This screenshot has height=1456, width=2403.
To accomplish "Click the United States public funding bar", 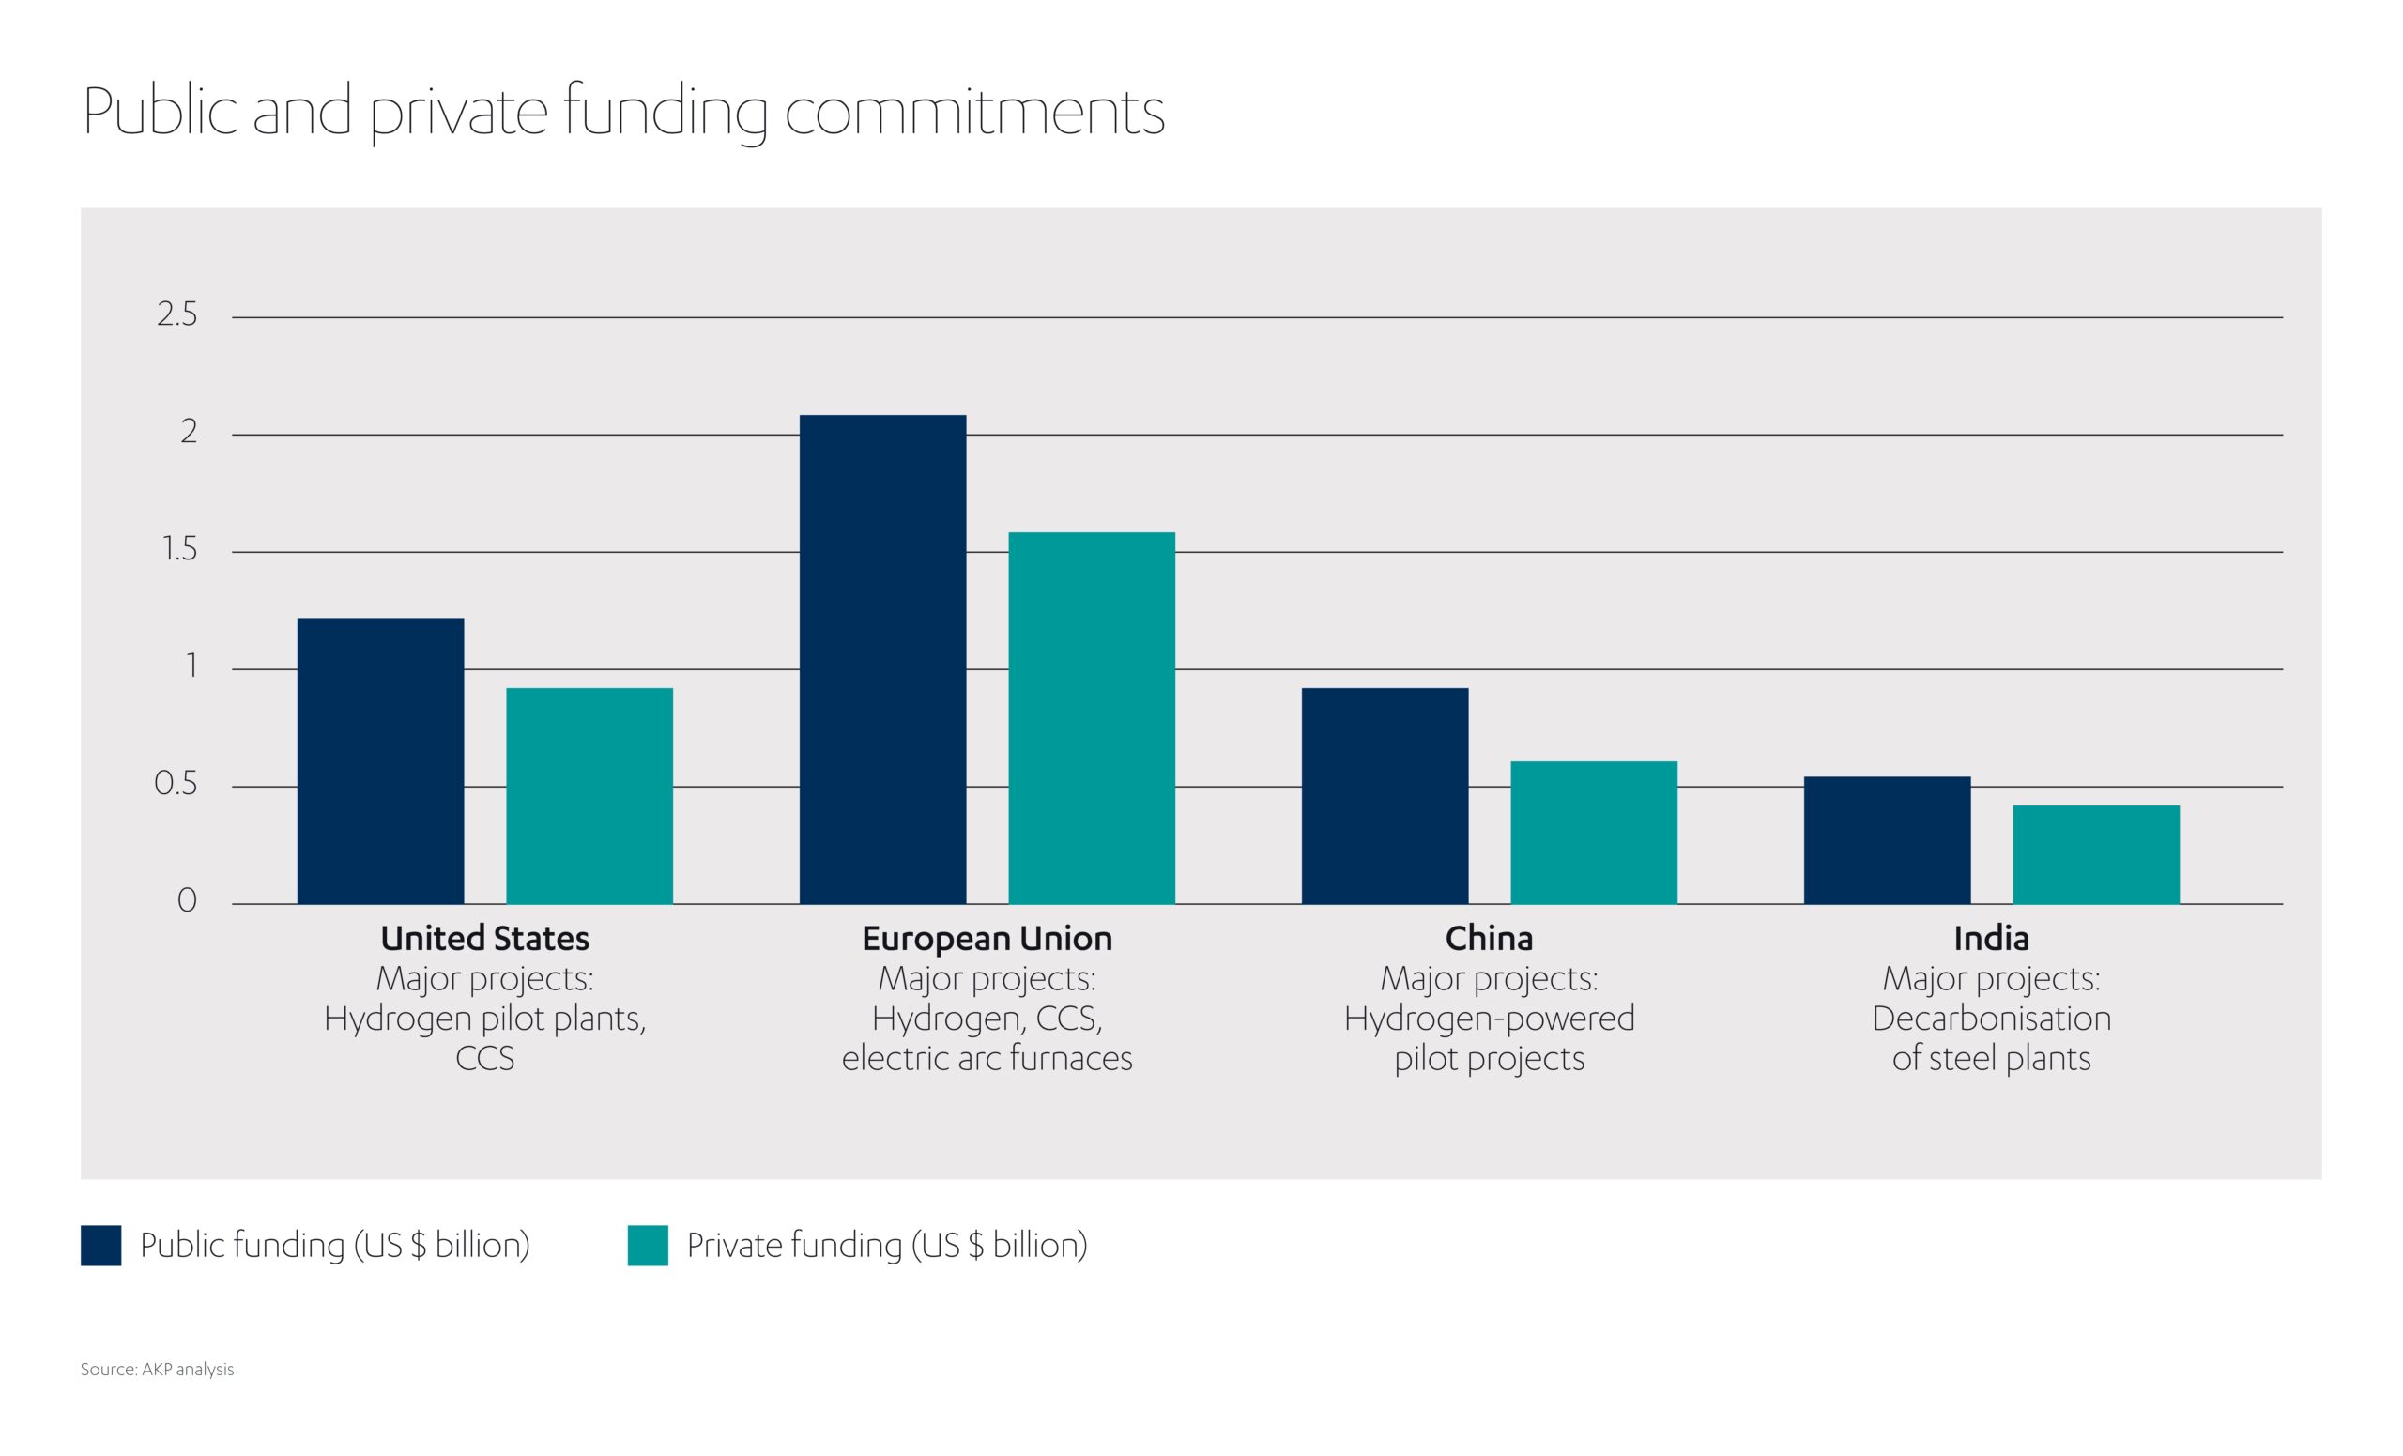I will tap(380, 760).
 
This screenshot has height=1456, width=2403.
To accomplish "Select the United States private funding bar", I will tap(589, 796).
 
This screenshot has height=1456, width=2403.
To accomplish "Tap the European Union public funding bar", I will tap(882, 659).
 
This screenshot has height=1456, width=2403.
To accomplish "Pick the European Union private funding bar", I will tap(1092, 718).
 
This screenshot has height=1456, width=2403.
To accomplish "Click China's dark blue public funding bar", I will tap(1385, 796).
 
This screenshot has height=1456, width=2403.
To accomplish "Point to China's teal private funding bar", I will tap(1594, 832).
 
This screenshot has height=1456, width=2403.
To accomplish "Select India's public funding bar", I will tap(1887, 839).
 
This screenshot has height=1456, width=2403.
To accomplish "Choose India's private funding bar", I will tap(2096, 854).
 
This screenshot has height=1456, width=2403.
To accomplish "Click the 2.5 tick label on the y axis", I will tap(176, 315).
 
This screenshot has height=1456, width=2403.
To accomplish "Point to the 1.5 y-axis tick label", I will tap(178, 550).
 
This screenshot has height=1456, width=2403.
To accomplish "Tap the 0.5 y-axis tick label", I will tap(176, 784).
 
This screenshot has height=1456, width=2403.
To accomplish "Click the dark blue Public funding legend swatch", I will tap(100, 1246).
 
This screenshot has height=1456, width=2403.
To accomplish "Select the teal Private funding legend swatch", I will tap(648, 1246).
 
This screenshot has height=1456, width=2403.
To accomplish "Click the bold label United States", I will tap(484, 938).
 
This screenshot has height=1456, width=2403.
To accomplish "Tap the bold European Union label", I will tap(987, 938).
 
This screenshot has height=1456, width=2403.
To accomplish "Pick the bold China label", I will tap(1488, 938).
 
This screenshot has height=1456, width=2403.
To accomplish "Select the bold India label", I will tap(1991, 938).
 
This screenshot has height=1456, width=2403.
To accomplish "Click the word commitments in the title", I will tap(974, 114).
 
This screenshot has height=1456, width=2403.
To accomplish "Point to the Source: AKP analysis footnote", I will tap(157, 1370).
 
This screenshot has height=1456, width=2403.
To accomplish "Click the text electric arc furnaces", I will tap(987, 1058).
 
